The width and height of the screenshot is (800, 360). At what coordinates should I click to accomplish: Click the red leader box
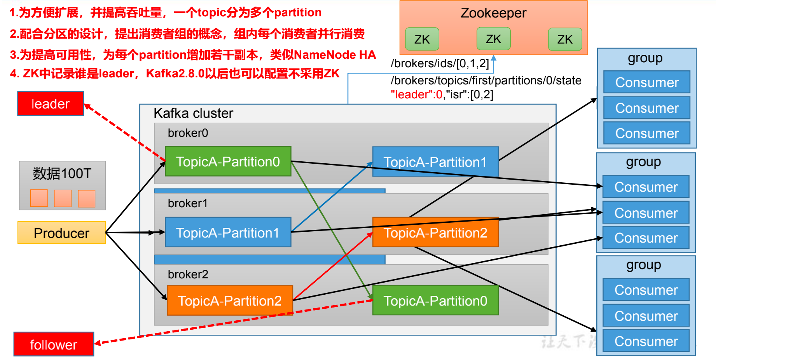point(51,104)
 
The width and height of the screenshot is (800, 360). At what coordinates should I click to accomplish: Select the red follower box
point(54,344)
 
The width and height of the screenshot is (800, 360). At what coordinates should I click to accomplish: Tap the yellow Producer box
point(61,233)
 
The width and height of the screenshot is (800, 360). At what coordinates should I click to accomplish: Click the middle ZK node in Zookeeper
point(493,39)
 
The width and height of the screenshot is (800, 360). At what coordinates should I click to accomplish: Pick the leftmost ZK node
point(422,39)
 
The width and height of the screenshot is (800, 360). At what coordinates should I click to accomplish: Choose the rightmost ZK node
point(565,39)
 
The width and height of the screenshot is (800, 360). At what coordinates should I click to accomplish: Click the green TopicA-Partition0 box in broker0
point(228,161)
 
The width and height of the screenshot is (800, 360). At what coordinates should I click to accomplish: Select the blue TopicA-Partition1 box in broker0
point(435,162)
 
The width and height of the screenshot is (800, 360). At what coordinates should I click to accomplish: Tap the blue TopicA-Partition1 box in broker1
point(228,232)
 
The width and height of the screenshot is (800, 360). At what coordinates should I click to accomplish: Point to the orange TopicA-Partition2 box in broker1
point(435,232)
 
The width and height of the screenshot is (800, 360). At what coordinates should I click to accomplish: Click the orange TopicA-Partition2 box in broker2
point(229,301)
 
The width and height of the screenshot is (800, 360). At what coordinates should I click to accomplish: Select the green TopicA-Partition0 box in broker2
point(435,301)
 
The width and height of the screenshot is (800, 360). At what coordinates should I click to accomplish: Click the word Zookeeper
point(493,13)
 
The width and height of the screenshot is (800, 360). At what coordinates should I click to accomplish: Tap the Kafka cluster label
point(193,113)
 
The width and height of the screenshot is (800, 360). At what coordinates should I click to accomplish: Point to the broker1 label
point(188,203)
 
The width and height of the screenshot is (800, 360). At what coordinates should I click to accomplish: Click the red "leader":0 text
point(416,94)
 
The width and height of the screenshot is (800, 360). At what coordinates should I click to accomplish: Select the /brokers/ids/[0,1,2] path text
point(440,63)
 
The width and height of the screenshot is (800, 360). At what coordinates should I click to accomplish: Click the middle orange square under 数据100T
point(63,198)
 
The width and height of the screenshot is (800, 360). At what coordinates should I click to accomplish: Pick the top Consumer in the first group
point(646,82)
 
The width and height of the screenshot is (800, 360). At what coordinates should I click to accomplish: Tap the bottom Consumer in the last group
point(646,341)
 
